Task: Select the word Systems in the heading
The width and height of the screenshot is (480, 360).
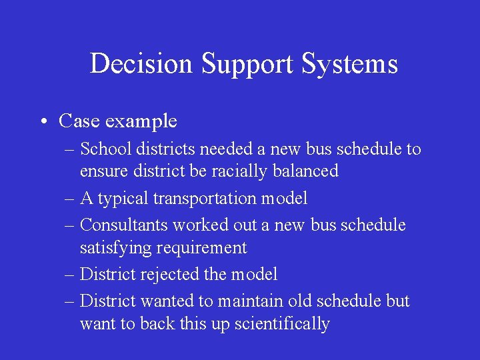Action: click(350, 64)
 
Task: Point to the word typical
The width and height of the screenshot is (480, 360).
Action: click(124, 199)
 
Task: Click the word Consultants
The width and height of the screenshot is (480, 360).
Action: click(126, 225)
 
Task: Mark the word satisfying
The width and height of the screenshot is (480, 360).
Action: click(115, 248)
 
